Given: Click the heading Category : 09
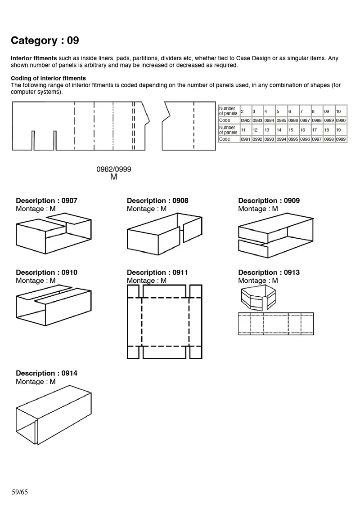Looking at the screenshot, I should tap(45, 40).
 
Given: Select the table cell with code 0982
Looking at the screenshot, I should tap(245, 120).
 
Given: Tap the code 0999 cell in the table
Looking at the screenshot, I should tap(341, 139).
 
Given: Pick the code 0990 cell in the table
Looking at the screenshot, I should tap(341, 120).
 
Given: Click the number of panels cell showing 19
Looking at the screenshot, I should tap(341, 130).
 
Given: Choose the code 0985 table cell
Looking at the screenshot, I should tap(281, 120).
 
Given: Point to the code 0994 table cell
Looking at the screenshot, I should tap(281, 139).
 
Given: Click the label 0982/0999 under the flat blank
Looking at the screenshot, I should tap(113, 169).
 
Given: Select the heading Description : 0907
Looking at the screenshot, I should tap(46, 201).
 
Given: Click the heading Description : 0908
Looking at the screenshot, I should tap(157, 201).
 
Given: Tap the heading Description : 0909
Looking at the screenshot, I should tap(269, 201).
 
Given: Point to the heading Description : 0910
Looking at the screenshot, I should tap(46, 272).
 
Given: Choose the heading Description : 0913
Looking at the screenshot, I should tap(269, 272).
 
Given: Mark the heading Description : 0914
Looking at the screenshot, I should tap(46, 373).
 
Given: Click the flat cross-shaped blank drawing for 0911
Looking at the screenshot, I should tap(164, 322).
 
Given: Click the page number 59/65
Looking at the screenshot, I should tap(20, 492).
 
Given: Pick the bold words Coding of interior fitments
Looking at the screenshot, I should tap(48, 78).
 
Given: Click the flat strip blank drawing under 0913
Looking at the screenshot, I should tap(275, 324).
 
